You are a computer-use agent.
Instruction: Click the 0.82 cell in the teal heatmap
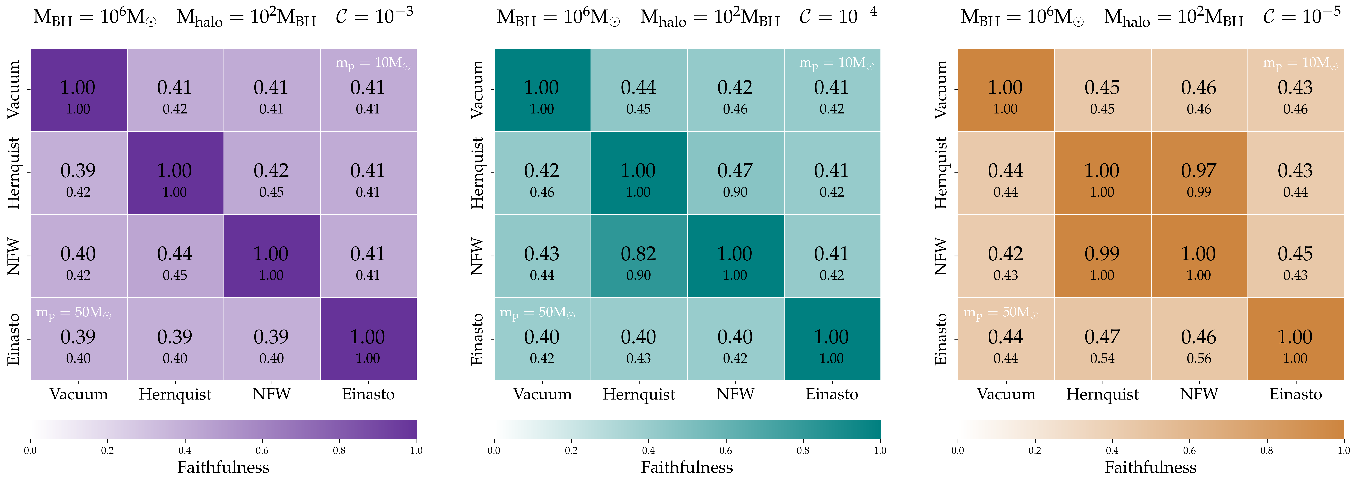click(x=638, y=256)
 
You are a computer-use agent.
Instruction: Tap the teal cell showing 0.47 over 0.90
click(x=735, y=173)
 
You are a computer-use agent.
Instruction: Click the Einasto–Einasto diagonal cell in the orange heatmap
click(x=1295, y=339)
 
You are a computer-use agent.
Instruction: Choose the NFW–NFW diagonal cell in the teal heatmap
click(x=735, y=256)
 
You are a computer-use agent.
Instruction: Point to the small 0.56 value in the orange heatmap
click(x=1199, y=359)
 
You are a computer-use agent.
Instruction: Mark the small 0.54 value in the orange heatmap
click(x=1102, y=359)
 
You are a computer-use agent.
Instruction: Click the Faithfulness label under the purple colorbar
click(x=223, y=467)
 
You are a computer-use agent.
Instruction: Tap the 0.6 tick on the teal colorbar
click(x=725, y=450)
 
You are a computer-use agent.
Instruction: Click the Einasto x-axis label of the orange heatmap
click(x=1295, y=394)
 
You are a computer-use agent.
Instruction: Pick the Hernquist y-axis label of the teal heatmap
click(x=477, y=173)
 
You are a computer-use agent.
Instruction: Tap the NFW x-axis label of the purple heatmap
click(x=271, y=394)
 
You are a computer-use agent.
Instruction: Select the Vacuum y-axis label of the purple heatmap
click(x=13, y=90)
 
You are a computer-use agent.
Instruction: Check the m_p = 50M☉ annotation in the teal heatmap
click(x=537, y=313)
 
